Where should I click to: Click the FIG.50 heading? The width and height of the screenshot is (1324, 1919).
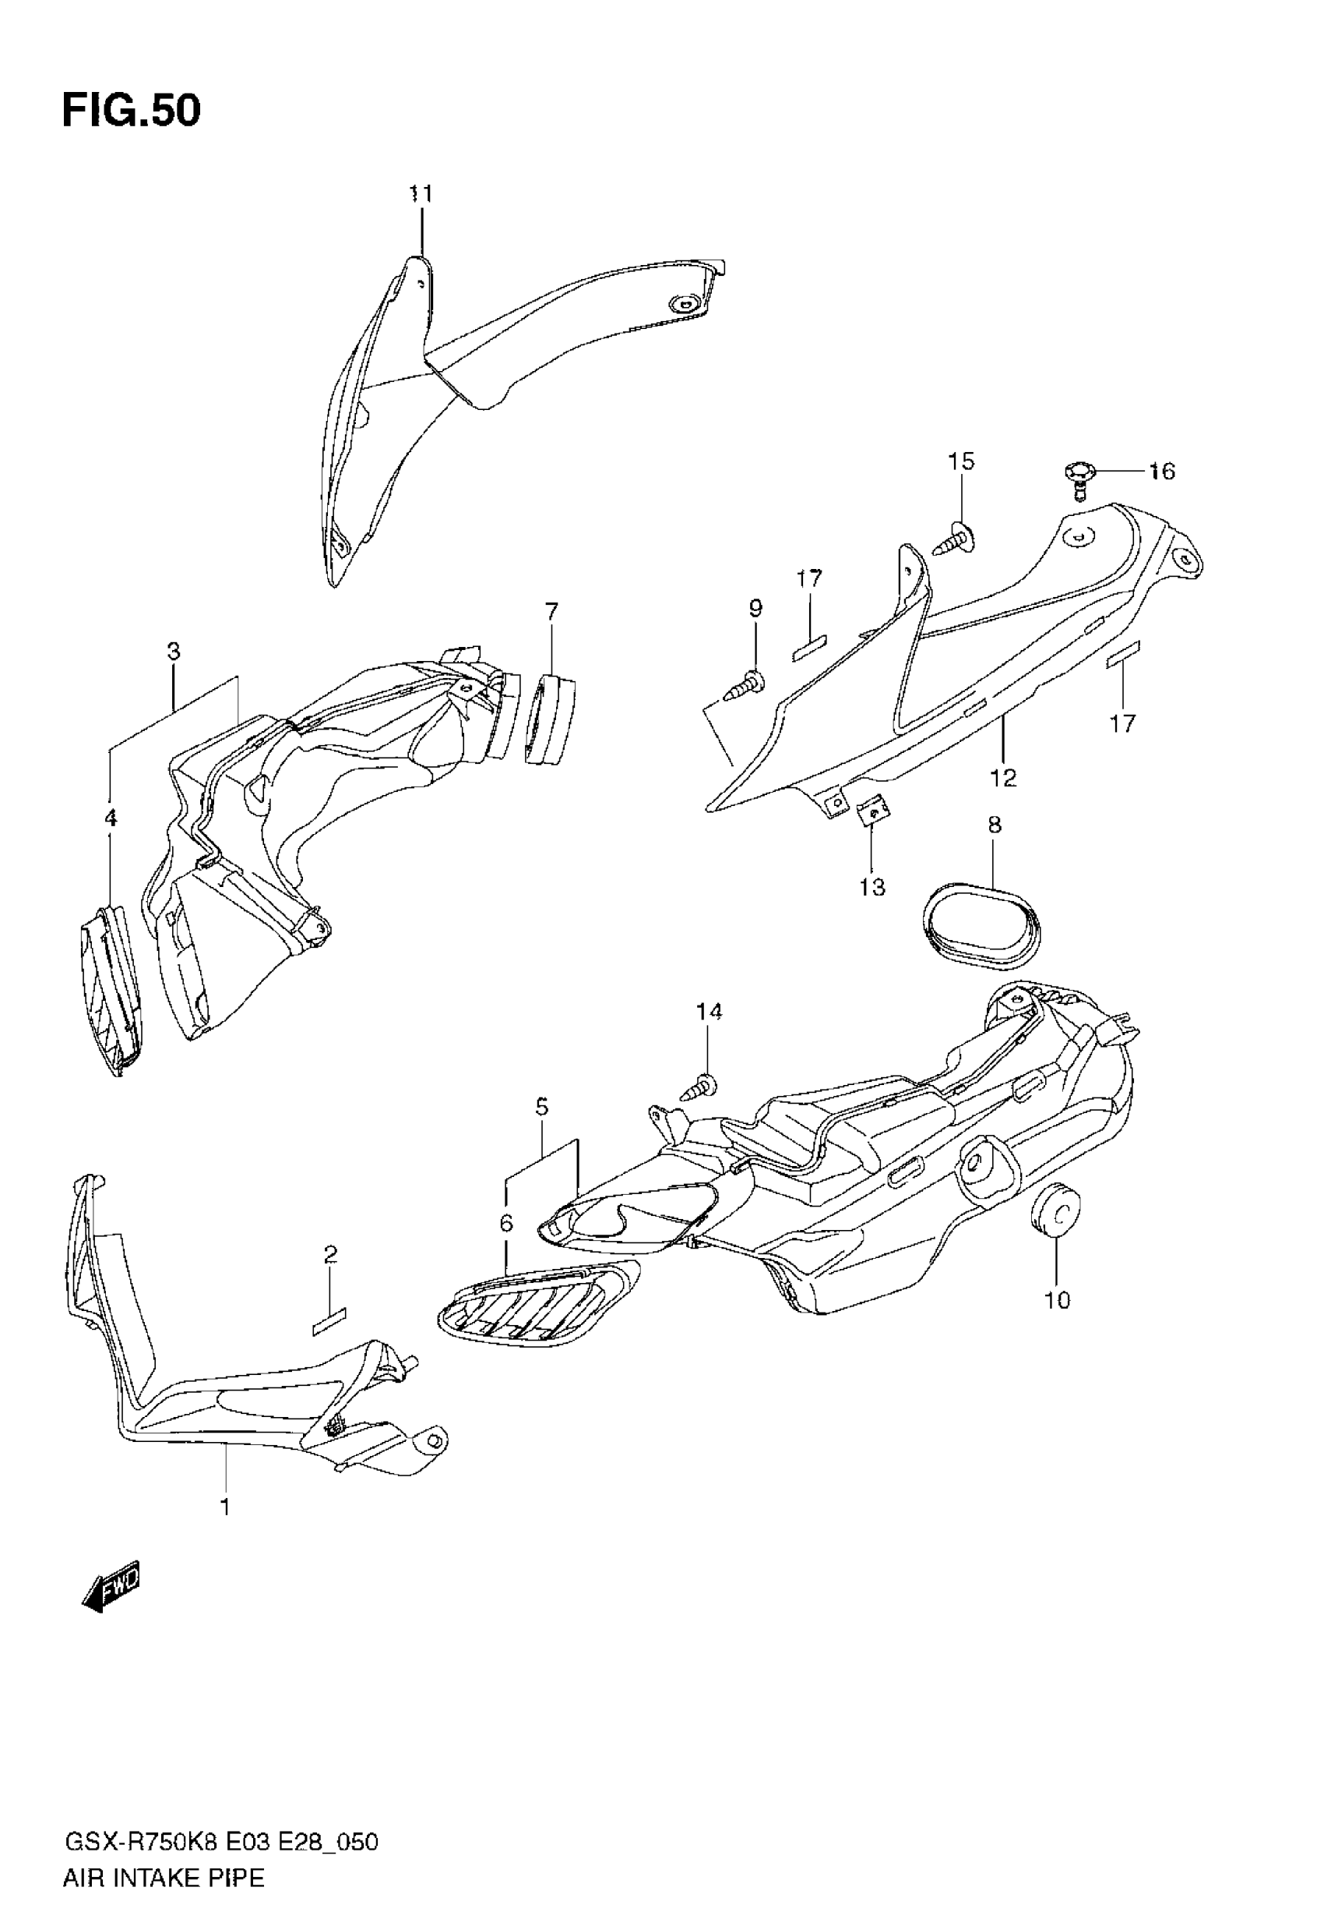coord(131,111)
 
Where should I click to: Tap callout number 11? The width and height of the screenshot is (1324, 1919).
coord(421,194)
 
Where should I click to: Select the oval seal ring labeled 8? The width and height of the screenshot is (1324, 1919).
coord(981,926)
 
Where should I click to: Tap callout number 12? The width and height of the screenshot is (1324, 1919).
coord(1003,778)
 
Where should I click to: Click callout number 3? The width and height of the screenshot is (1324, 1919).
coord(174,652)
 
